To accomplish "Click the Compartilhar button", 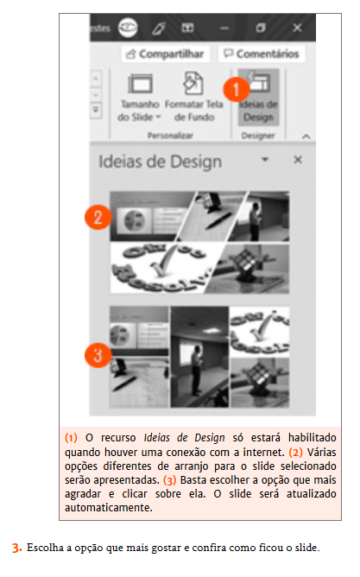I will click(x=165, y=54).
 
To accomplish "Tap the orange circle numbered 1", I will click(x=236, y=87).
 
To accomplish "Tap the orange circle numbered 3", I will click(x=99, y=354).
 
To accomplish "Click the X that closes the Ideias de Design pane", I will click(x=297, y=161).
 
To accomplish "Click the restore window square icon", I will click(x=261, y=27).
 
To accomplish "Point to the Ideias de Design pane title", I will click(x=161, y=162).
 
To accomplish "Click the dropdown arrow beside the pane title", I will click(x=265, y=161).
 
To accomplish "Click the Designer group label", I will click(x=260, y=136).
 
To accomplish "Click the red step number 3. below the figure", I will click(x=16, y=548).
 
